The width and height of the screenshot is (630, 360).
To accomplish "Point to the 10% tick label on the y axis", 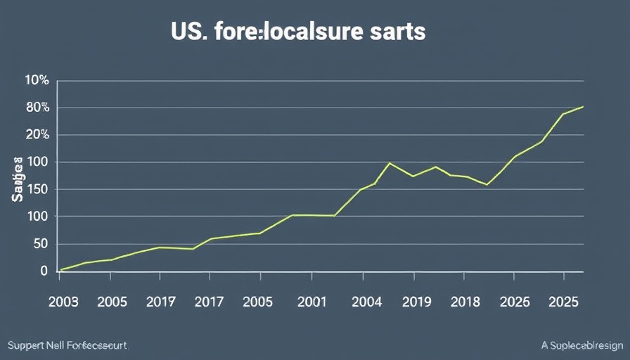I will [37, 80].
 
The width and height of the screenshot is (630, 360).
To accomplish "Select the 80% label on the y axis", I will [37, 108].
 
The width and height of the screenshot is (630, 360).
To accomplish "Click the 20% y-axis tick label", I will [37, 135].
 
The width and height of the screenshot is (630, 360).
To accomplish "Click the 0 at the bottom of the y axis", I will [44, 271].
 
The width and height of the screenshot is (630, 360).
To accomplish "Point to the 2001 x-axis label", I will [311, 302].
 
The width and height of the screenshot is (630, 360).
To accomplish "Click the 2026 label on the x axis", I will [515, 302].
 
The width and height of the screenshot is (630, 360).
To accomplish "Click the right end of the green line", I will [583, 107].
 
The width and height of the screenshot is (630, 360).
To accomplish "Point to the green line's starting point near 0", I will [62, 269].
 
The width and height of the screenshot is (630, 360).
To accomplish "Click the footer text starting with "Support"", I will [67, 346].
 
